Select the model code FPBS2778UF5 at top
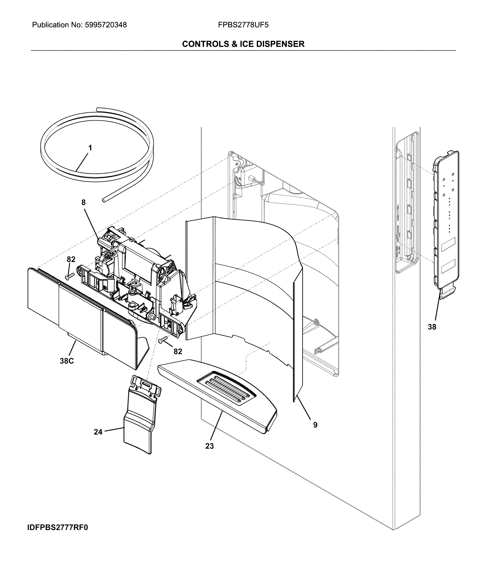tap(243, 25)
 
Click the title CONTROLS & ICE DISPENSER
tap(243, 44)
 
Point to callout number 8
tap(83, 202)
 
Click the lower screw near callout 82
tap(162, 340)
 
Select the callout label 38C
tap(67, 361)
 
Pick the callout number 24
tap(98, 432)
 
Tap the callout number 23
tap(209, 446)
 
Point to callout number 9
tap(315, 425)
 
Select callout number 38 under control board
tap(432, 327)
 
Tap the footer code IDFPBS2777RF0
tap(58, 527)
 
